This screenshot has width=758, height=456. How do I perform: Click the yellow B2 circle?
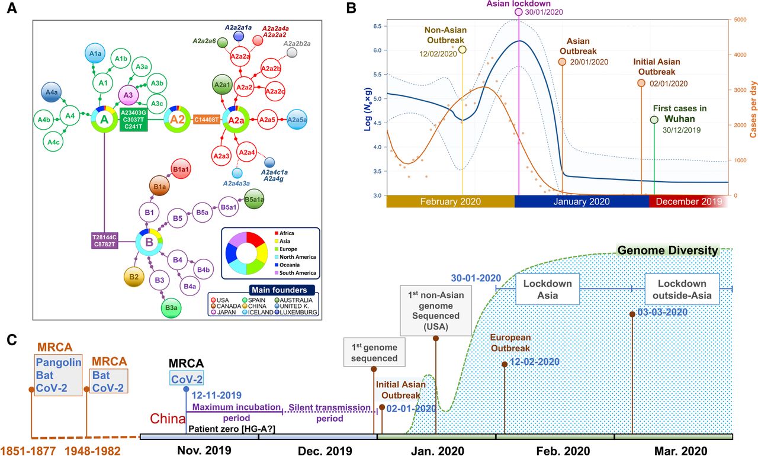coord(134,277)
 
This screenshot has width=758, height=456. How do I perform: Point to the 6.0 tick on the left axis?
coord(377,50)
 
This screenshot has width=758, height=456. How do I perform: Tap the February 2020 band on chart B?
coord(449,201)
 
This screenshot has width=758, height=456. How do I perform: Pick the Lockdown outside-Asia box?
coord(682,289)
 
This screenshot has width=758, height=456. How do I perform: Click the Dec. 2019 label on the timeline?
coord(318,449)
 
